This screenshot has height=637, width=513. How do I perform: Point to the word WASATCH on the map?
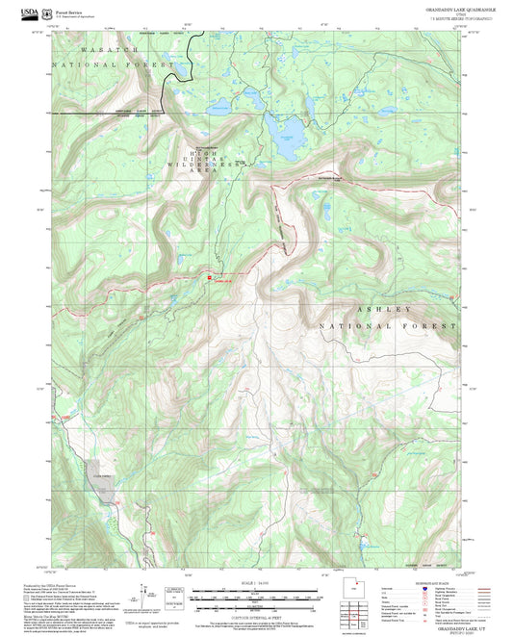pos(111,48)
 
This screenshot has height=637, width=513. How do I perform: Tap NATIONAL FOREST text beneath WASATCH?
pos(102,64)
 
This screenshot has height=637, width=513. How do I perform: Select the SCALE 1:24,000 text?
pos(255,582)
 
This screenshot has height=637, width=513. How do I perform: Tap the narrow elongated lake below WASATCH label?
pos(178,72)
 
